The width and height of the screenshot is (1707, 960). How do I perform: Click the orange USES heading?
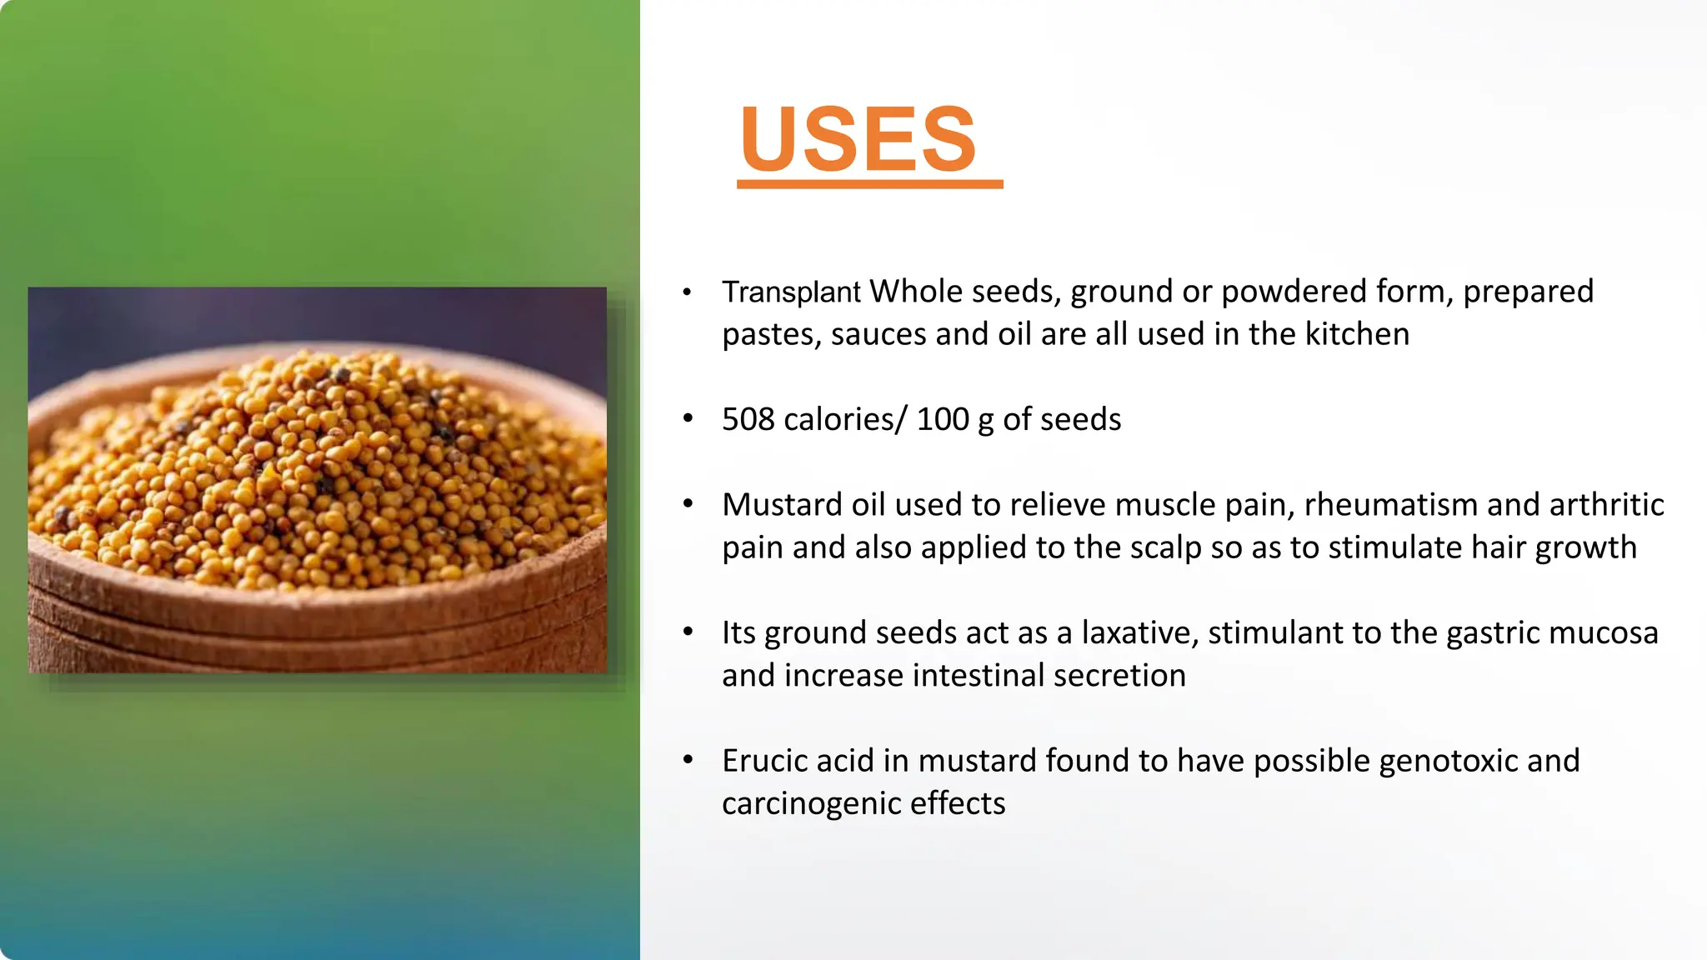tap(859, 139)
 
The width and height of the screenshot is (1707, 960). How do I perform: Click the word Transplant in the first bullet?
tap(790, 292)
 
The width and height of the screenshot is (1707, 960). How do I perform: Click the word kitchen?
tap(1357, 335)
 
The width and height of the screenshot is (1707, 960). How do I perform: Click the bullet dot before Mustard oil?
tap(688, 503)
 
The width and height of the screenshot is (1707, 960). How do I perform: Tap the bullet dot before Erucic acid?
tap(688, 759)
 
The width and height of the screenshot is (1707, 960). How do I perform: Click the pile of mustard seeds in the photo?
tap(317, 467)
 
